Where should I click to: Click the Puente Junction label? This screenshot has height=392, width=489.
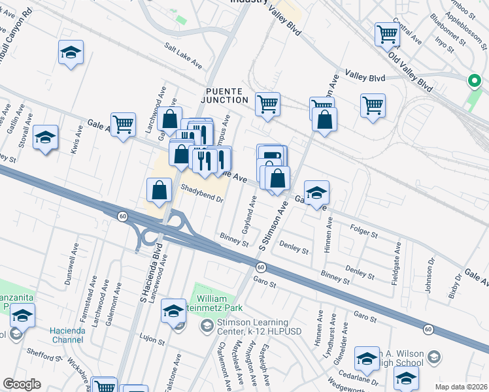click(x=226, y=95)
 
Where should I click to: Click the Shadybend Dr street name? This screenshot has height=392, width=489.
click(x=203, y=194)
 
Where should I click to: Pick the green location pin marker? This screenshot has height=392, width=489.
click(x=473, y=81)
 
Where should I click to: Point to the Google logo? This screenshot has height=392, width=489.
click(x=22, y=384)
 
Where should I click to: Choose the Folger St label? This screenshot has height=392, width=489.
click(x=365, y=231)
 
